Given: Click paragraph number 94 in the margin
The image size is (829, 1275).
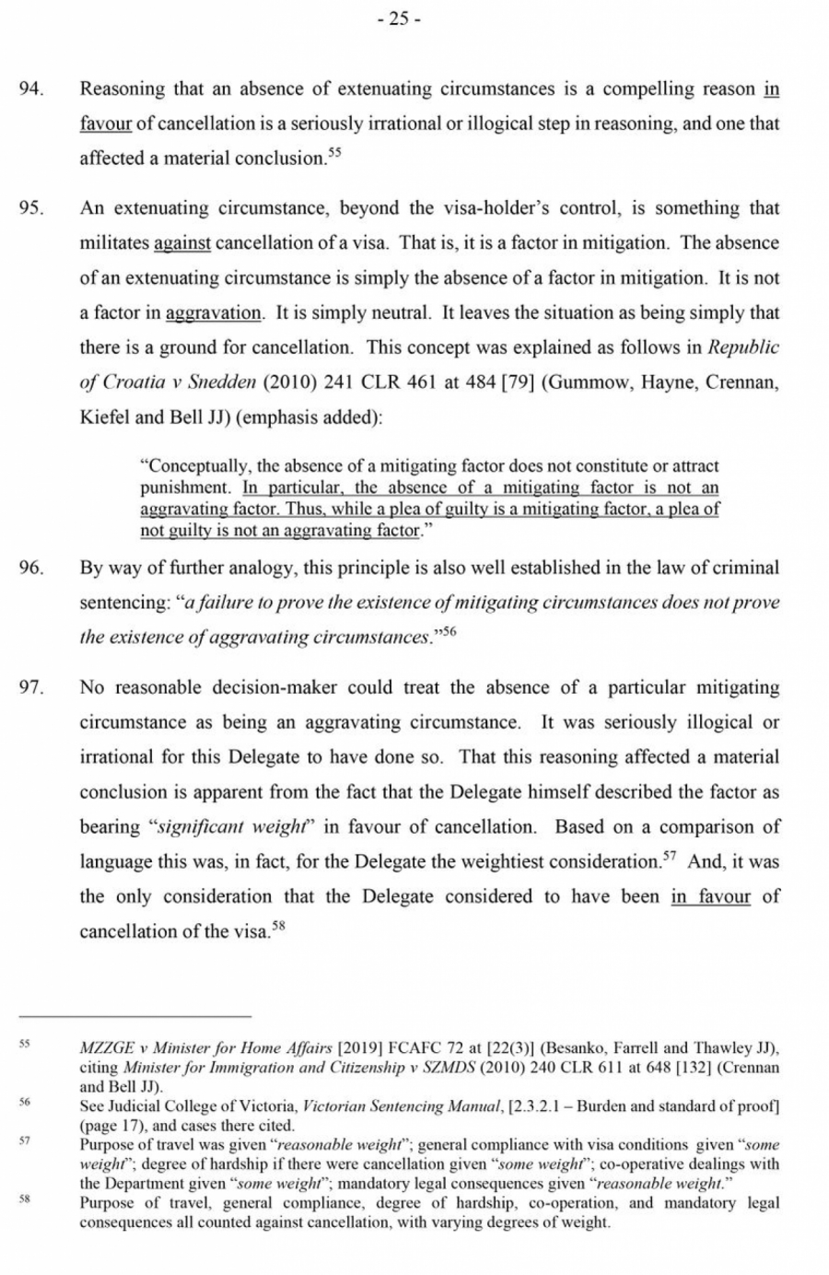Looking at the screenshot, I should pyautogui.click(x=32, y=89).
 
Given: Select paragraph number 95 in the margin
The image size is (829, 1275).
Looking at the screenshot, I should pyautogui.click(x=32, y=208).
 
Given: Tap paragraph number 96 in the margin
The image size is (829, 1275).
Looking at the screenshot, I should pyautogui.click(x=32, y=568).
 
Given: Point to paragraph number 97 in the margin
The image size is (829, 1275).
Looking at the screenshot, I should pyautogui.click(x=32, y=688).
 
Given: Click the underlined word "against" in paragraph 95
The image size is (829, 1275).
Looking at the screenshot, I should pyautogui.click(x=182, y=243).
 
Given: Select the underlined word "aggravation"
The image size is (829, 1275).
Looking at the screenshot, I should pyautogui.click(x=214, y=313).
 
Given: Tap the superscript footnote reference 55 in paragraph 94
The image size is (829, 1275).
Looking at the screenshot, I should pyautogui.click(x=333, y=153).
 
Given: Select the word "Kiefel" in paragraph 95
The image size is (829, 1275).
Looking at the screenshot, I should pyautogui.click(x=104, y=417).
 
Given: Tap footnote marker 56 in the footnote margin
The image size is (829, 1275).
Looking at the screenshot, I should pyautogui.click(x=25, y=1102).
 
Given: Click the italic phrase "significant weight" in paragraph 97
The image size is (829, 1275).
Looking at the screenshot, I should pyautogui.click(x=231, y=827).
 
